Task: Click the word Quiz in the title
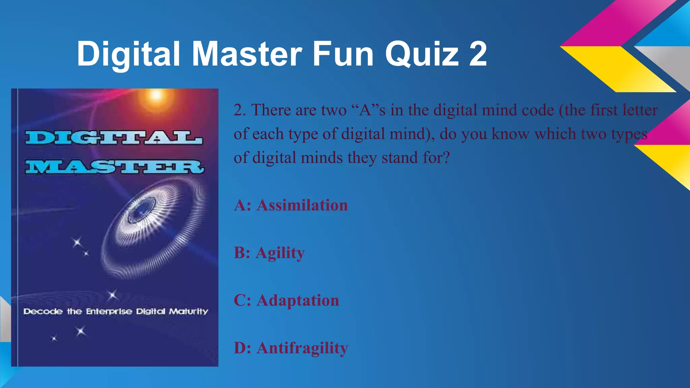(422, 54)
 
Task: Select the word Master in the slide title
(247, 54)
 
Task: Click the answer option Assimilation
(302, 205)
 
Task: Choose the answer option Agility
(280, 253)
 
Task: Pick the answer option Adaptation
(297, 300)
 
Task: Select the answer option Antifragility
(302, 348)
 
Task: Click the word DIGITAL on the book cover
(114, 138)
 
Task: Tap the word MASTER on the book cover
(115, 167)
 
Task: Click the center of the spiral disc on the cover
(140, 212)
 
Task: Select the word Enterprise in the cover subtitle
(109, 312)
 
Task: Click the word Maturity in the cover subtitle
(188, 312)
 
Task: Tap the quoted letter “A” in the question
(365, 110)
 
